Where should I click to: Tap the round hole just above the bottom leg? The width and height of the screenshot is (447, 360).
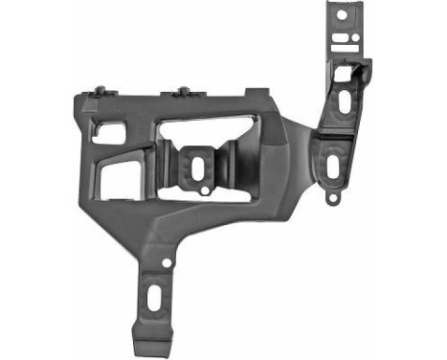(x=168, y=260)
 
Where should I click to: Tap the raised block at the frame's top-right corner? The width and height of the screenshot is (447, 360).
(x=257, y=93)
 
